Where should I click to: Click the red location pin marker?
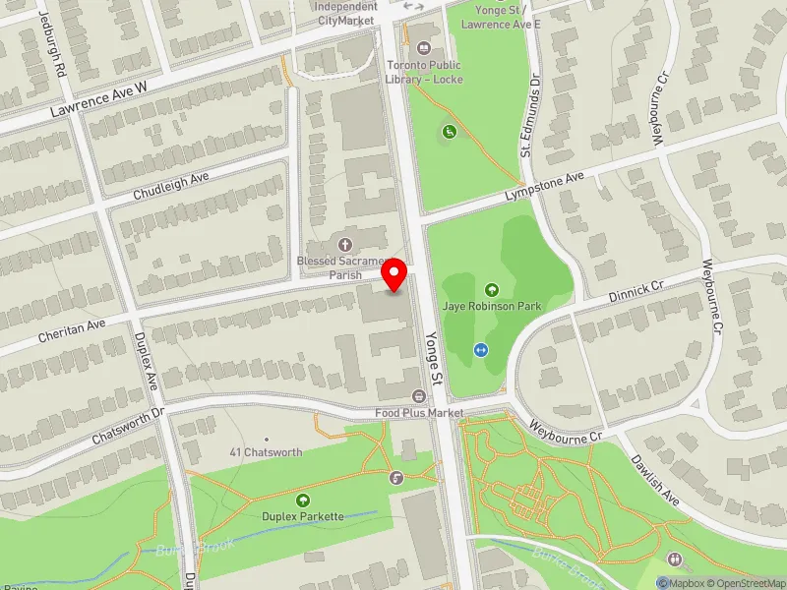pos(394,274)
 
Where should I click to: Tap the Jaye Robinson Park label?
pos(492,307)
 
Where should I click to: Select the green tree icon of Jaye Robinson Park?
pos(492,289)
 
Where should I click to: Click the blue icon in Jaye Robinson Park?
pos(481,349)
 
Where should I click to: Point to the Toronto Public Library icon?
pos(424,47)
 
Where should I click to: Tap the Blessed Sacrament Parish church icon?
pos(344,244)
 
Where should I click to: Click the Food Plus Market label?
pos(418,413)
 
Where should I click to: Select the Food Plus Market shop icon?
pos(418,396)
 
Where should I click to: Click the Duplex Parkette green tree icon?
pos(302,500)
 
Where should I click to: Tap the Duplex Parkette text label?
pos(302,516)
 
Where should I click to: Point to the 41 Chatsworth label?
pos(266,452)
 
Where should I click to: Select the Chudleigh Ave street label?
pos(172,186)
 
